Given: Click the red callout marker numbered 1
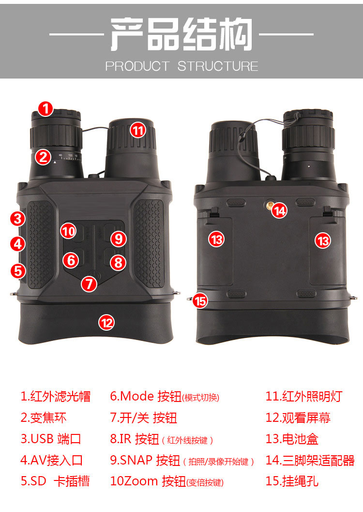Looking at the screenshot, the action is click(x=45, y=109).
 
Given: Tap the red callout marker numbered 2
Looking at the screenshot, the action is click(x=44, y=157).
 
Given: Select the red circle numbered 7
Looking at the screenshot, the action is click(x=89, y=284).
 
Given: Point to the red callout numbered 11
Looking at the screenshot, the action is click(x=138, y=130).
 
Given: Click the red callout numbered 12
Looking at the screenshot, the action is click(x=106, y=322).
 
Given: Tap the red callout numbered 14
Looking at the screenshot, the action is click(x=280, y=210).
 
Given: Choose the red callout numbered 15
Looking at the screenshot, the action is click(x=200, y=301).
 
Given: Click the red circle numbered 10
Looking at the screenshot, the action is click(x=68, y=231).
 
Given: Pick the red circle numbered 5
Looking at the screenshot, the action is click(x=18, y=271).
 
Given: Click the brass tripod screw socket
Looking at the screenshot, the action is click(x=269, y=205).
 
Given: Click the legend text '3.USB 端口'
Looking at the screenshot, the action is click(x=51, y=439).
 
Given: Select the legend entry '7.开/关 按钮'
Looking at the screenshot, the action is click(x=144, y=417).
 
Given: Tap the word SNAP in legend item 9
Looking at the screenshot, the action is click(x=136, y=460).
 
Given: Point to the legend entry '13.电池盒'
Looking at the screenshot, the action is click(x=292, y=439).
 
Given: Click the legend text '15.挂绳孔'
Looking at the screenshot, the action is click(x=292, y=481).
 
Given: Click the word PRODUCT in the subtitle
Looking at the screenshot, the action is click(x=137, y=66).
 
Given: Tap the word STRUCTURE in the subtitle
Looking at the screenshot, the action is click(x=218, y=66).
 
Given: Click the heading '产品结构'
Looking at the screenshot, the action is click(x=181, y=34).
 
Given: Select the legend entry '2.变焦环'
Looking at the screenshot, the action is click(x=44, y=417).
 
